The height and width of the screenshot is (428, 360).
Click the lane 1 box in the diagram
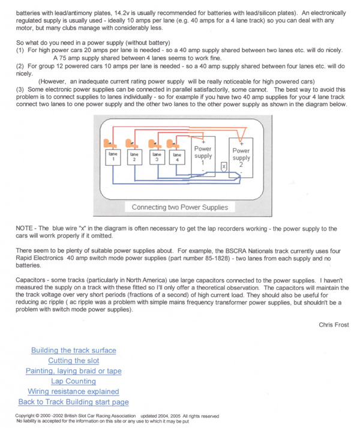pos(112,157)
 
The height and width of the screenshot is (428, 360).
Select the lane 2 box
pos(134,157)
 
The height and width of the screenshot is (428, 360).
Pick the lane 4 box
pos(176,157)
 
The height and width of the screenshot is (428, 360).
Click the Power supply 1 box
pos(203,155)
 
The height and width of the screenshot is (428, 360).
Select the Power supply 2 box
pos(241,157)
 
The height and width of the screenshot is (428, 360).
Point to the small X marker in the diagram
pos(223,165)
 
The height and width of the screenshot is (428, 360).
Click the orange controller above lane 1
pos(109,143)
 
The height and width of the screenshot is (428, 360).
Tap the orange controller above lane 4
pos(173,143)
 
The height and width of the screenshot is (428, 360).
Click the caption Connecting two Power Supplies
pos(179,207)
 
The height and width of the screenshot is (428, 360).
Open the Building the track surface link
pos(74,350)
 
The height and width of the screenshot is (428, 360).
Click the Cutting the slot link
pos(74,360)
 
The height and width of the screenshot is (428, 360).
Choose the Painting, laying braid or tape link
pos(74,370)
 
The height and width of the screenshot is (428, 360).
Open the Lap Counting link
pos(73,381)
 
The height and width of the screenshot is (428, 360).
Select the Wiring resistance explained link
pos(73,391)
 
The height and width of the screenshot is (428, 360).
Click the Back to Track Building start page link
pos(73,402)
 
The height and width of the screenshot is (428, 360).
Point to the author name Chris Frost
pos(334,325)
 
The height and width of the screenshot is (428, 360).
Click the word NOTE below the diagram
pos(25,229)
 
